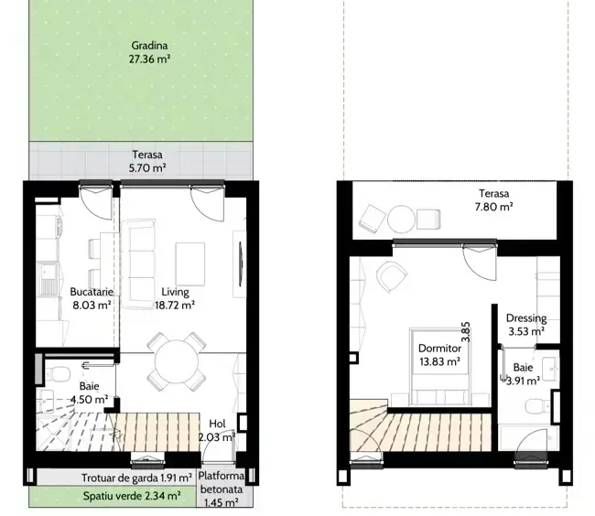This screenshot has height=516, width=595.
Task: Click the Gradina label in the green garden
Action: coord(149,46)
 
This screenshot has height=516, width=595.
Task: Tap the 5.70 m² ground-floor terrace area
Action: coord(147,167)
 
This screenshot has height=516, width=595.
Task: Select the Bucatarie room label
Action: coord(92,292)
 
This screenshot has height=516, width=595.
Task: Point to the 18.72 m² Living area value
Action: coord(175,305)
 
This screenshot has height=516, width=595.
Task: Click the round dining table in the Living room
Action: coord(177,361)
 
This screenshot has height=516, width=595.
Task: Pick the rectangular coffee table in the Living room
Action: coord(190,264)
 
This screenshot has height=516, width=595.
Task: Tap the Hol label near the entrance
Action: coord(218,424)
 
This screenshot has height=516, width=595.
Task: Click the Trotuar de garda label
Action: coord(120,478)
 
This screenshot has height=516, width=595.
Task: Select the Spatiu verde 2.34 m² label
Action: coord(132,496)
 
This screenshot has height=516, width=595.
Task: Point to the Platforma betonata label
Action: coord(222,482)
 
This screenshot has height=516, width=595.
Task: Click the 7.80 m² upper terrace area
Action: coord(493,207)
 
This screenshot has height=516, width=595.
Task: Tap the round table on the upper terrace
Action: coord(401,220)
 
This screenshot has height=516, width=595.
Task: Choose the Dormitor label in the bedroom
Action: coord(439,348)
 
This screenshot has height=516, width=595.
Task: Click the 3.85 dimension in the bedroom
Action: coord(466,332)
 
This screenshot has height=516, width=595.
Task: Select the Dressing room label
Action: coord(526,318)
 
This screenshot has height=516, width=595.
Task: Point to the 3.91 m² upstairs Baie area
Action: coord(524,381)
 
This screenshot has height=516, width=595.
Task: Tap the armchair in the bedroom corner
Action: coord(392,276)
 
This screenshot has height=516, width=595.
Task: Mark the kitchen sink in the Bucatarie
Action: coord(49,279)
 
